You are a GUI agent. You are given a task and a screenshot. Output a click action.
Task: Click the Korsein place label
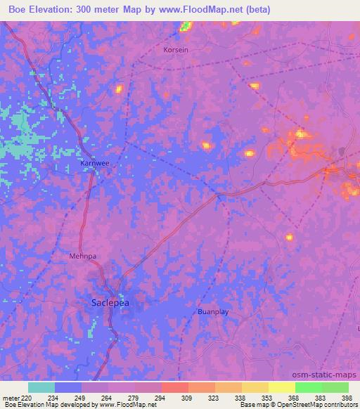point(176,51)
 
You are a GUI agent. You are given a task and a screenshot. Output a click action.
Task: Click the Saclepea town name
point(111,303)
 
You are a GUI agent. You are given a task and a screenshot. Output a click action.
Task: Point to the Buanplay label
point(213,311)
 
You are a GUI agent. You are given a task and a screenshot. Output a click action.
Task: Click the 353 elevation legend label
point(257,397)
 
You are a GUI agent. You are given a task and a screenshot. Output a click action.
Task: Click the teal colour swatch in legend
point(41,387)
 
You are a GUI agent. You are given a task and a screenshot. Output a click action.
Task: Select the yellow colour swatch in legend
point(281,387)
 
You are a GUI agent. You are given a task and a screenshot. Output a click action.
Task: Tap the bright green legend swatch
point(308,387)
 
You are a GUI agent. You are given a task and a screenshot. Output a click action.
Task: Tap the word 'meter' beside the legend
point(11,397)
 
